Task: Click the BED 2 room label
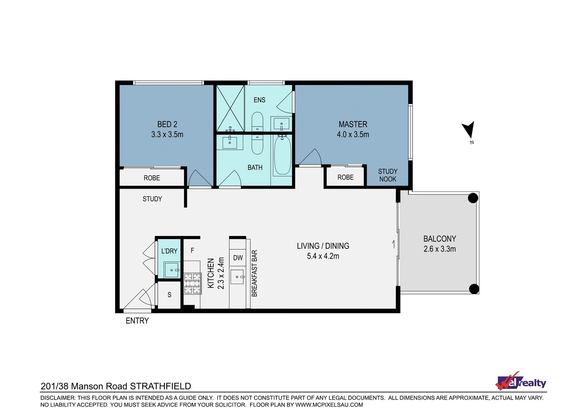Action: click(167, 124)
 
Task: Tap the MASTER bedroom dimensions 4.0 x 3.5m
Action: click(353, 134)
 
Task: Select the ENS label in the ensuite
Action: click(259, 100)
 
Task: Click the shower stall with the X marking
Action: click(230, 108)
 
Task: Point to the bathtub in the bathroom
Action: click(282, 155)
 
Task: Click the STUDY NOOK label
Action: click(388, 175)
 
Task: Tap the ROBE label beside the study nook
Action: click(345, 177)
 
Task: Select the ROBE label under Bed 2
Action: click(152, 178)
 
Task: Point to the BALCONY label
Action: click(439, 239)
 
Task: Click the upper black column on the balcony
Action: click(473, 198)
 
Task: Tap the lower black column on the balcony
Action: click(474, 289)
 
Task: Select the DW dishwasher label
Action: click(238, 258)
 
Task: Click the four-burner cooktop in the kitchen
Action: click(192, 283)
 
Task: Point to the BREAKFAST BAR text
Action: click(254, 273)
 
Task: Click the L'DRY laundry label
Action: click(169, 251)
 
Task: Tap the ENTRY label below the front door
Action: click(137, 320)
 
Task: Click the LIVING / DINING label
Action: click(323, 246)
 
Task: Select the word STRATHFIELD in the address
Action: click(160, 386)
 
